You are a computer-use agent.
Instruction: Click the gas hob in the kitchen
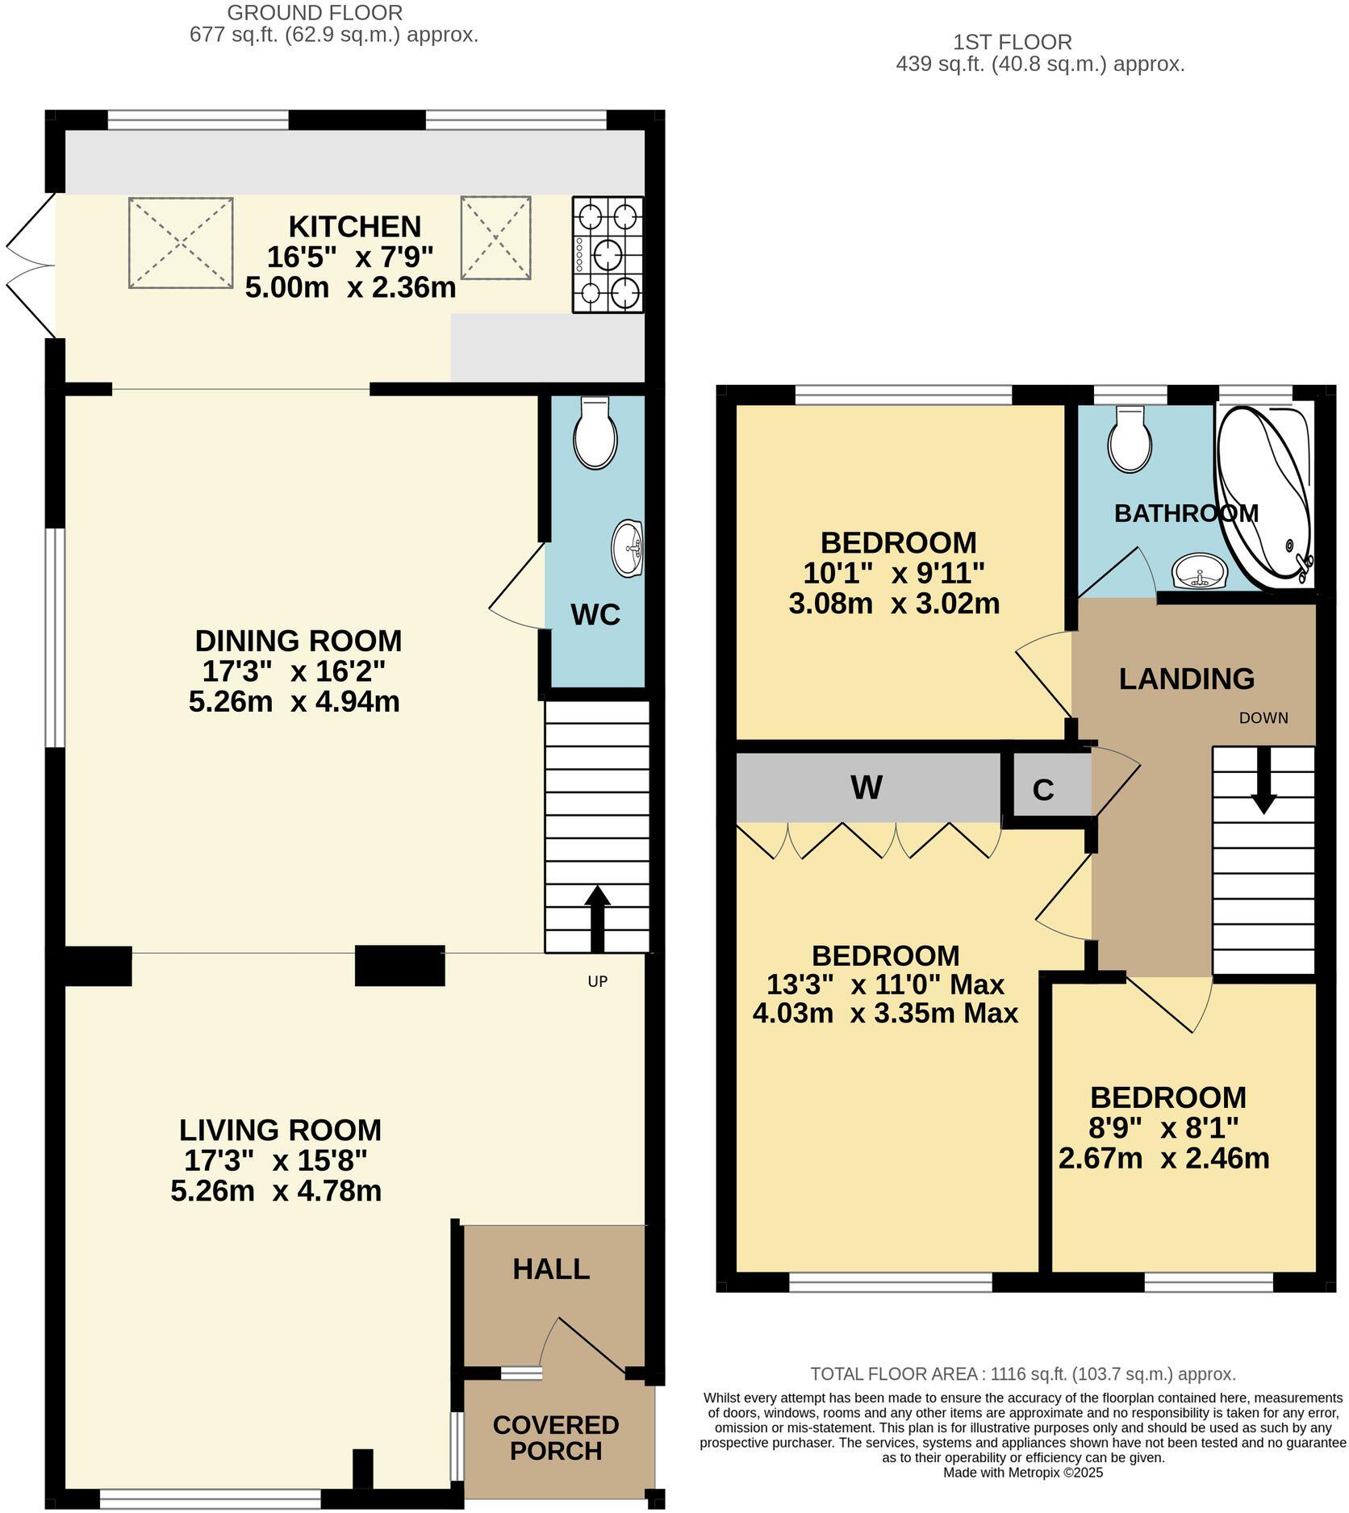(608, 254)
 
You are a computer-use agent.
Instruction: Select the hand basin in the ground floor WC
(628, 549)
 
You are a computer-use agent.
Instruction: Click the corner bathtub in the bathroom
(1263, 494)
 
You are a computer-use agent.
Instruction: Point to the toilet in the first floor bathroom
(1130, 441)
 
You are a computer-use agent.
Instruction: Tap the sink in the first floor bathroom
(1200, 571)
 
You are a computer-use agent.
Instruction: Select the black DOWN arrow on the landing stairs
(1263, 779)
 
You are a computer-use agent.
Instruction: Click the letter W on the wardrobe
(867, 788)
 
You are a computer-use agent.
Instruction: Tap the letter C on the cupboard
(1043, 790)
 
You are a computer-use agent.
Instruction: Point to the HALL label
(551, 1269)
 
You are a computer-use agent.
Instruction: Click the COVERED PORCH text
(556, 1438)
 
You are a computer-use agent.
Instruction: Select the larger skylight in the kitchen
(181, 243)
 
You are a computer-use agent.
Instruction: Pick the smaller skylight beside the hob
(496, 238)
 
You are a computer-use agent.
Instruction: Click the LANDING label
(1186, 679)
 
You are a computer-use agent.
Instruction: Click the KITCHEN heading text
(355, 227)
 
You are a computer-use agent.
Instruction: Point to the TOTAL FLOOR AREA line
(1022, 1373)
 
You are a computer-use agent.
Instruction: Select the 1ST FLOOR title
(1012, 42)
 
